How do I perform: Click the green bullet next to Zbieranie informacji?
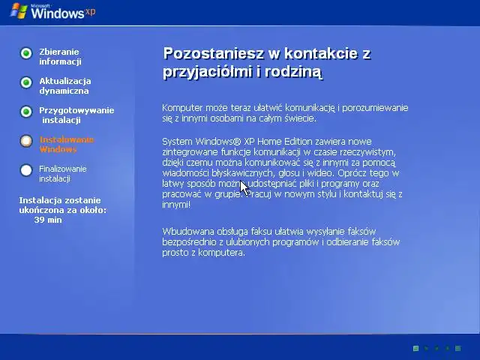(x=26, y=53)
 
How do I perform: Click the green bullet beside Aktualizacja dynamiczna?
(x=26, y=82)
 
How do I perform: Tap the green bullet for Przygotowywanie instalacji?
(x=26, y=112)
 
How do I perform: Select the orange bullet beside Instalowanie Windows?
(x=26, y=141)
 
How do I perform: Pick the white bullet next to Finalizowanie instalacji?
(x=26, y=170)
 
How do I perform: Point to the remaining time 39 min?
(x=48, y=220)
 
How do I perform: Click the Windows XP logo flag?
(x=16, y=11)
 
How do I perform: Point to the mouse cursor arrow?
(x=244, y=187)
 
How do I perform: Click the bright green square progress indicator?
(x=415, y=349)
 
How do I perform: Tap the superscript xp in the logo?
(x=91, y=10)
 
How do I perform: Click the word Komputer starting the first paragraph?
(x=182, y=108)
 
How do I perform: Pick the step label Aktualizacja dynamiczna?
(x=64, y=85)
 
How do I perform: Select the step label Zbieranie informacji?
(x=60, y=56)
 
